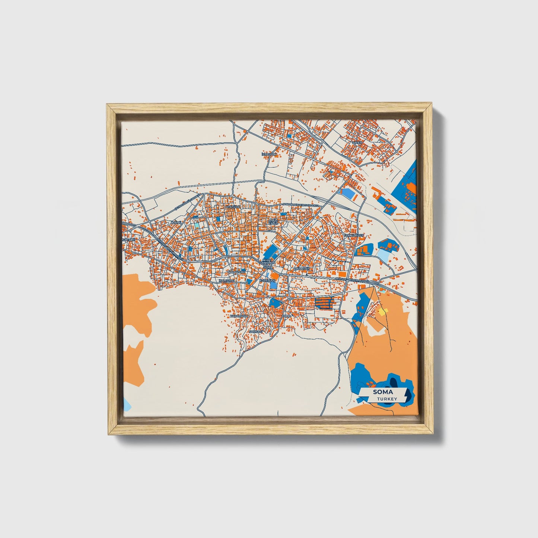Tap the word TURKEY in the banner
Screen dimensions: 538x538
click(387, 399)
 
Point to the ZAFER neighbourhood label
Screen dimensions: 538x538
click(357, 143)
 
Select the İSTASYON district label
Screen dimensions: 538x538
click(269, 154)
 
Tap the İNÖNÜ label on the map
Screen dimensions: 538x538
click(175, 223)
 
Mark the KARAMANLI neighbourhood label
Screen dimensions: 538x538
click(239, 316)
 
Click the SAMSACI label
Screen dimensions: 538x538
click(256, 331)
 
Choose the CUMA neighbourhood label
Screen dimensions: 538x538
click(286, 316)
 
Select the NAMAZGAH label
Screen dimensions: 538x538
click(236, 272)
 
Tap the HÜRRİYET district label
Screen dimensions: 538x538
click(302, 268)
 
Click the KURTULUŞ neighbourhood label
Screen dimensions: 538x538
click(269, 280)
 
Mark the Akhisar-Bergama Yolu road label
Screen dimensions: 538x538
click(352, 279)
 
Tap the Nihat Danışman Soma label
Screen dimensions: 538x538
click(268, 263)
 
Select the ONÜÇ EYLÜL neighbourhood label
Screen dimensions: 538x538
click(273, 222)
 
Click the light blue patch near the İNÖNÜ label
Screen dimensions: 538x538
click(197, 225)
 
